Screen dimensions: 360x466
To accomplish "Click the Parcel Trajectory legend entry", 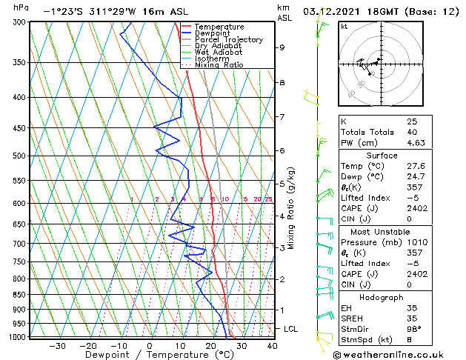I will click(228, 40).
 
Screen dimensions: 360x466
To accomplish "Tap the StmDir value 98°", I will click(414, 330).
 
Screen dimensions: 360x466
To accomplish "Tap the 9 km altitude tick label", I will click(282, 47).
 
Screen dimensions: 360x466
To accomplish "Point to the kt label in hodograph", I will click(344, 26).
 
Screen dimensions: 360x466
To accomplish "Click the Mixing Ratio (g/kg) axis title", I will click(291, 209).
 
